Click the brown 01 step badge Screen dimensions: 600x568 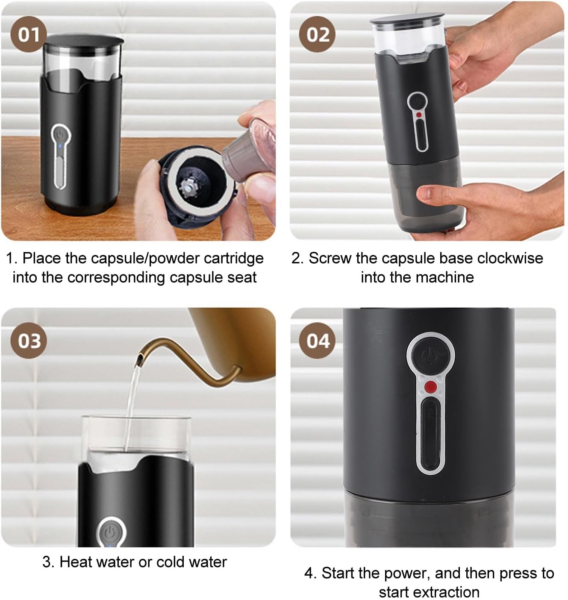(x=28, y=34)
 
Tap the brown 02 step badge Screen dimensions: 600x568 (x=318, y=34)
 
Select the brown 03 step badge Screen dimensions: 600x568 (x=29, y=341)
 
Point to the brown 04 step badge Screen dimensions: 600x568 (x=318, y=341)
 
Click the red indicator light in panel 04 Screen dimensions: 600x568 (x=431, y=387)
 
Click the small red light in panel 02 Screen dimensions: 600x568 (x=419, y=115)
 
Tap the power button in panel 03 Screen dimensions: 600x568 (x=110, y=532)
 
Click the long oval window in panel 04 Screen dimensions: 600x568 (x=430, y=435)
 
